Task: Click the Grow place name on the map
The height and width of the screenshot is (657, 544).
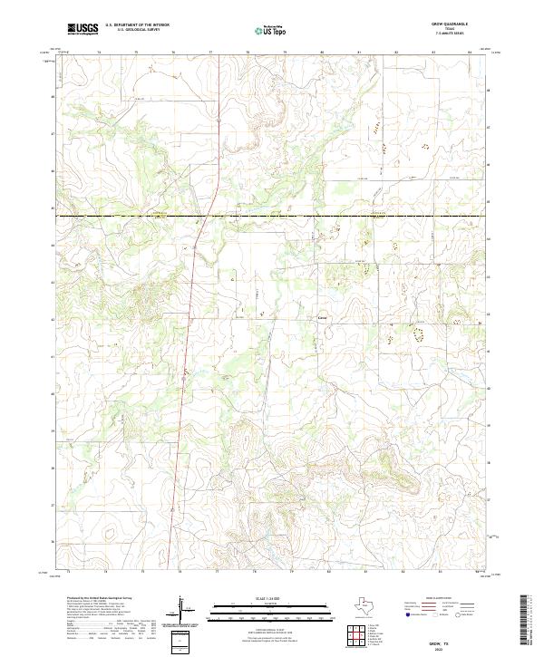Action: (x=322, y=317)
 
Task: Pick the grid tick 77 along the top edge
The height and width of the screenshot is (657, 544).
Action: (x=211, y=53)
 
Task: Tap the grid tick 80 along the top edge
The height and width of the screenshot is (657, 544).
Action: (x=322, y=53)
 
